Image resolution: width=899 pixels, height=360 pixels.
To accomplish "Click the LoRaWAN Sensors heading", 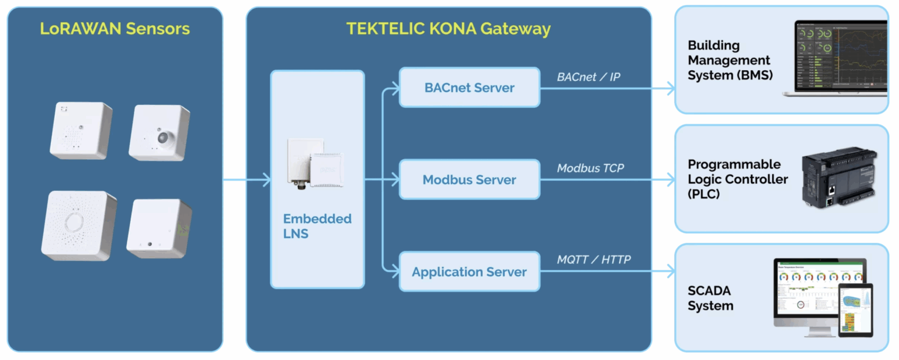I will tap(115, 29).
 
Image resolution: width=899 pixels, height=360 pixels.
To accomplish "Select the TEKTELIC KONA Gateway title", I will tap(448, 29).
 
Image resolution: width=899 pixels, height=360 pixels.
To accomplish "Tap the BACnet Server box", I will tap(469, 88).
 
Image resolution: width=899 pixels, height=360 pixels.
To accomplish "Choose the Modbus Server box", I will tap(469, 180).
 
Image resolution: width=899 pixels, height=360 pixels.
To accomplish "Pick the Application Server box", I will tap(469, 272).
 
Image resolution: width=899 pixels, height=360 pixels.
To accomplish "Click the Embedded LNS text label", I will tap(317, 226).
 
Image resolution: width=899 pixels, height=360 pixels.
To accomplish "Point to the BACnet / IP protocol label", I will tap(588, 77).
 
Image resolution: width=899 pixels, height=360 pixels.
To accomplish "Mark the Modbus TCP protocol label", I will tap(590, 169).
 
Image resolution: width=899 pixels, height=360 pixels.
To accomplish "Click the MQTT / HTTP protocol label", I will tap(593, 259).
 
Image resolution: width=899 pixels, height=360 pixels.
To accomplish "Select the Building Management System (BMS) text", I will tap(729, 60).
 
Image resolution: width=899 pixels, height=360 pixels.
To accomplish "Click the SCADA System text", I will tap(710, 298).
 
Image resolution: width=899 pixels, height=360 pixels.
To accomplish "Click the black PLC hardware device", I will tap(839, 179).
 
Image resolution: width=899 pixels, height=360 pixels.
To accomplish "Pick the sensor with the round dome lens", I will tap(160, 133).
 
